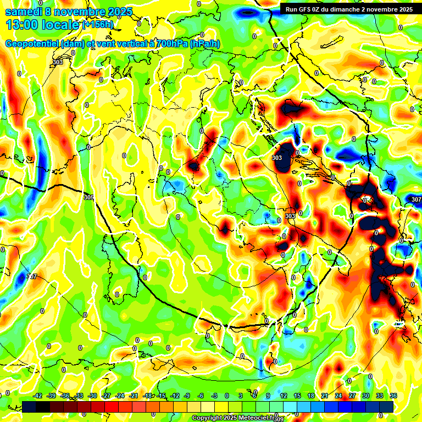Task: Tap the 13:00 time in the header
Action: click(x=25, y=25)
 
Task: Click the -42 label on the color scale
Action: click(x=38, y=396)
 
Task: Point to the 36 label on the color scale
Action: click(x=393, y=396)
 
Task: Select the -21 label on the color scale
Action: click(x=134, y=396)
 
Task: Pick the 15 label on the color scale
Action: click(x=297, y=396)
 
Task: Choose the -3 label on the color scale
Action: click(x=215, y=396)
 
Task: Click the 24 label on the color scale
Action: click(x=338, y=396)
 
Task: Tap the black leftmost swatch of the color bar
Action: click(x=29, y=407)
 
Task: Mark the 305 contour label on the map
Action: click(x=88, y=197)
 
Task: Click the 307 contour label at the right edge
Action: click(x=416, y=199)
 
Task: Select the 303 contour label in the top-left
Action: click(x=58, y=62)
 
